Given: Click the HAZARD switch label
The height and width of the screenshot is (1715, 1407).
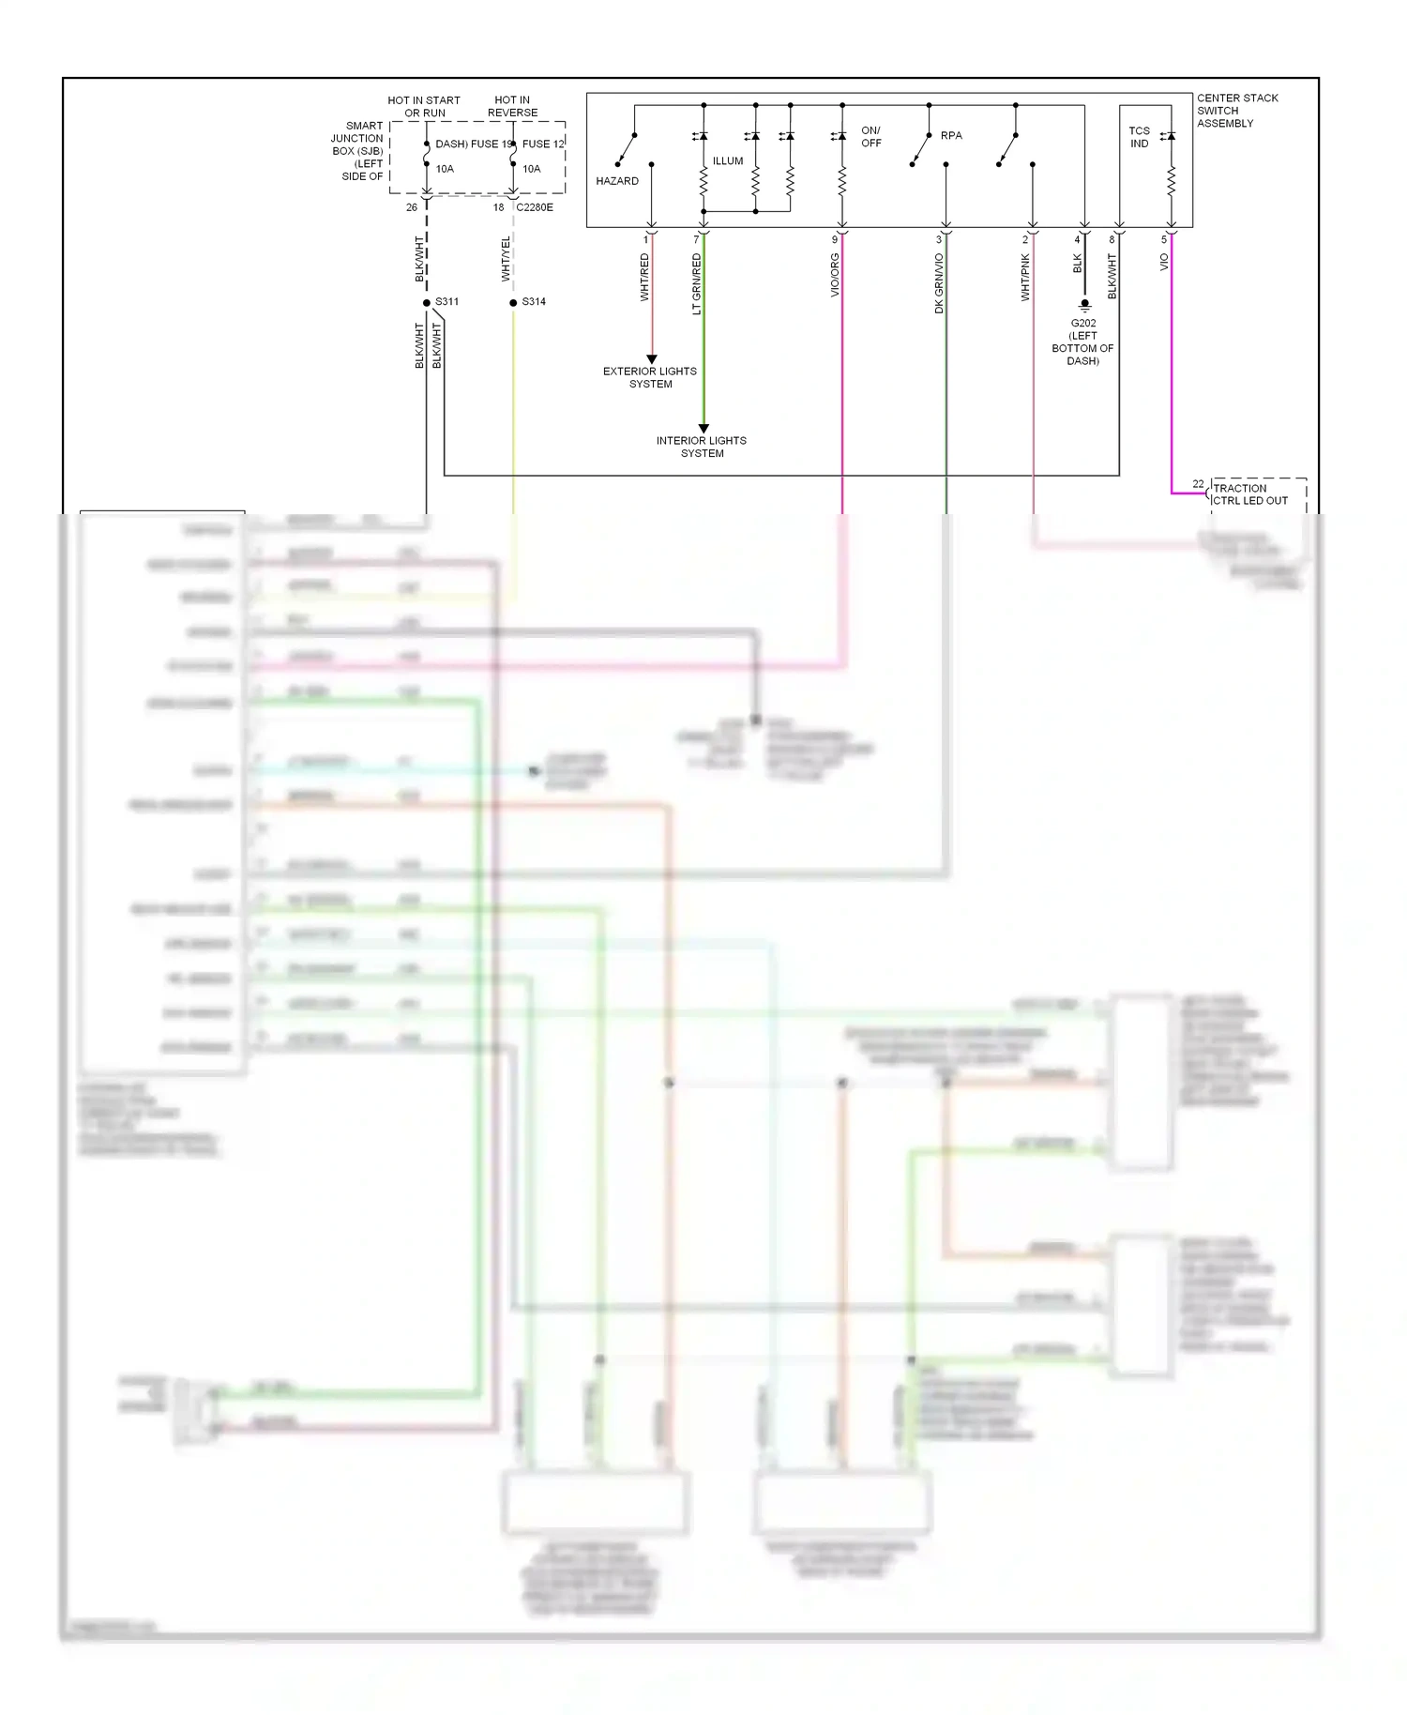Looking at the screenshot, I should pyautogui.click(x=616, y=181).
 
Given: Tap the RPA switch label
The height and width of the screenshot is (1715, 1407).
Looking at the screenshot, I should pyautogui.click(x=951, y=136).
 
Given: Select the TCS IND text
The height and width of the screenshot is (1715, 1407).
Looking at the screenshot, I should pyautogui.click(x=1139, y=137).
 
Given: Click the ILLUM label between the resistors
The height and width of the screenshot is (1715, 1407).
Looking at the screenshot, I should pyautogui.click(x=727, y=161).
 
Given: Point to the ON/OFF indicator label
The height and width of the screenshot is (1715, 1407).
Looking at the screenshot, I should pyautogui.click(x=870, y=137).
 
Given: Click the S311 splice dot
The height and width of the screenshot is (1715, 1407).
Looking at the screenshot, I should pyautogui.click(x=427, y=303).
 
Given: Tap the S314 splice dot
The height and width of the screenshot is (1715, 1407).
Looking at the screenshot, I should pyautogui.click(x=513, y=303).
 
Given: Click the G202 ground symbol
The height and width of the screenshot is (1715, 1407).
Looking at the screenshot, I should pyautogui.click(x=1084, y=306).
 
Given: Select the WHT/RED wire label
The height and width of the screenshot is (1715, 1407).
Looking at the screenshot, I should pyautogui.click(x=644, y=277).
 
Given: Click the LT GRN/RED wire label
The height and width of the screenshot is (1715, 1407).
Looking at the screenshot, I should pyautogui.click(x=697, y=283).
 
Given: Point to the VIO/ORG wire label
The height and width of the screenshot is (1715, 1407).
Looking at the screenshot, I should pyautogui.click(x=835, y=275).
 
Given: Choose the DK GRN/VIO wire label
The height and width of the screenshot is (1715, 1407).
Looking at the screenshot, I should pyautogui.click(x=939, y=282).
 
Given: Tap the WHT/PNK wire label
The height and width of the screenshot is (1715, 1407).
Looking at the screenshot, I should pyautogui.click(x=1025, y=277).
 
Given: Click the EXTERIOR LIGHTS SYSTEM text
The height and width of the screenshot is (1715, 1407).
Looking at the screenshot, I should pyautogui.click(x=650, y=377).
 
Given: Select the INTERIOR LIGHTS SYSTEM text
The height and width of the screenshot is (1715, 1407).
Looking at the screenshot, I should pyautogui.click(x=702, y=447).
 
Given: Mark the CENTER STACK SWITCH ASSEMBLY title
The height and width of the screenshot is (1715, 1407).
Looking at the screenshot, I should pyautogui.click(x=1236, y=111).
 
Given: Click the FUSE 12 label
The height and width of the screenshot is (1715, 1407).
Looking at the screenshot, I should pyautogui.click(x=543, y=144).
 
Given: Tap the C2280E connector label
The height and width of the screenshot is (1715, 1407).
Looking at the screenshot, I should pyautogui.click(x=535, y=207).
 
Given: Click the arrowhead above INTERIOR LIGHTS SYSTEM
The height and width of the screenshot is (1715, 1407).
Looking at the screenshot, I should pyautogui.click(x=703, y=428).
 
